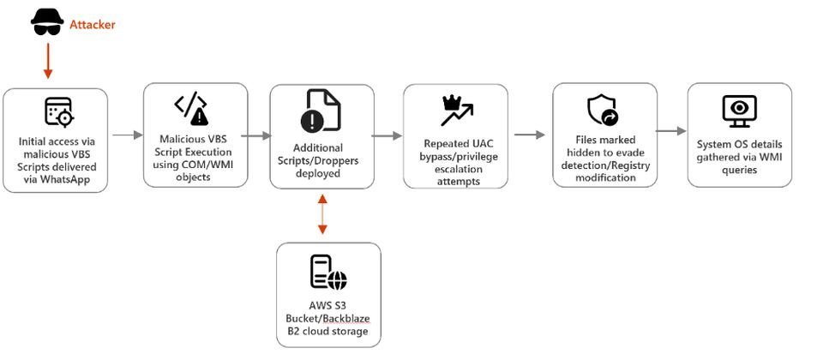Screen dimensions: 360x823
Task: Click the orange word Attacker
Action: click(92, 25)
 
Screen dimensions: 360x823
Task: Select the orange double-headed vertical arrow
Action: click(322, 214)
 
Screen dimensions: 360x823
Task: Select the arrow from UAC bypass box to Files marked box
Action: click(530, 135)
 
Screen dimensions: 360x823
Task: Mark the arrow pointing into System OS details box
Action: click(671, 131)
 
